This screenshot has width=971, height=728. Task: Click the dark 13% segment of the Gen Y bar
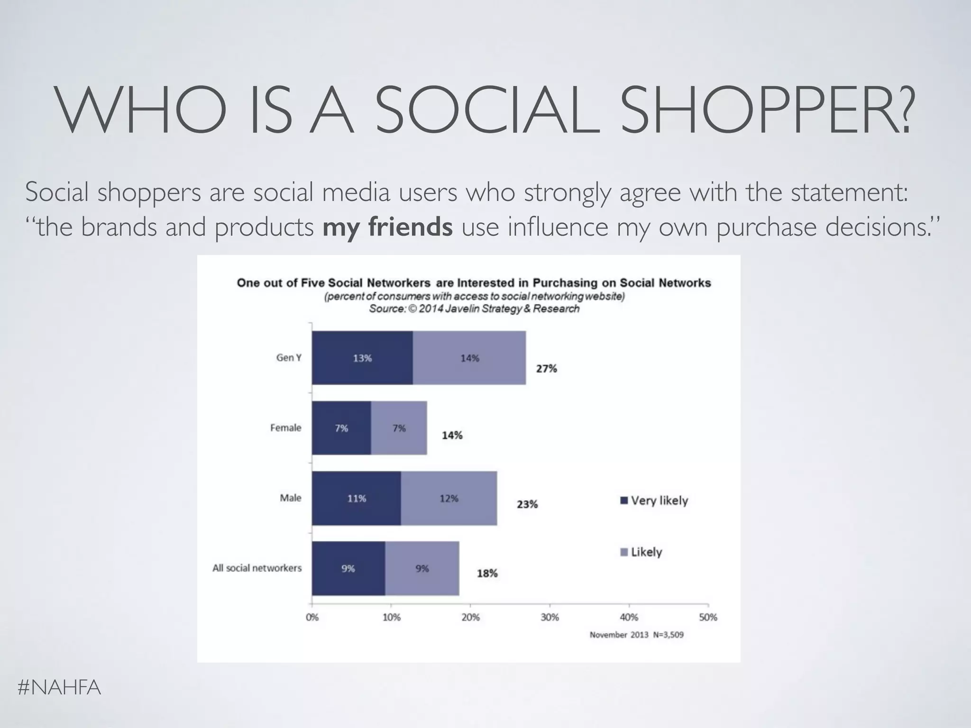point(362,358)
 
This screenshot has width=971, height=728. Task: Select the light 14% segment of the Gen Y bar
point(469,358)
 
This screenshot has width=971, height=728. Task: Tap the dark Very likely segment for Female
point(341,428)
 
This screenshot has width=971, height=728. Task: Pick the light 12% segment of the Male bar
point(449,498)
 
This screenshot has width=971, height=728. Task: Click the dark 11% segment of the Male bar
point(356,498)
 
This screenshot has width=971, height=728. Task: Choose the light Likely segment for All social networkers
point(422,568)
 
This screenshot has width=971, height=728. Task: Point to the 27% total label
point(546,369)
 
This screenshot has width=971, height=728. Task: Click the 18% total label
point(487,573)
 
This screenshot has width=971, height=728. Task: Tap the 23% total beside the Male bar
point(527,504)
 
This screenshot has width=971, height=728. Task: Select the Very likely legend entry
point(654,500)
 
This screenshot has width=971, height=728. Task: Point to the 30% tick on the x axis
point(550,618)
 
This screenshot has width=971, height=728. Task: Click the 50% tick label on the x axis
point(708,618)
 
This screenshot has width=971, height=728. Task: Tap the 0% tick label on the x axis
point(312,618)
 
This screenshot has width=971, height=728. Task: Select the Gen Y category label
point(289,358)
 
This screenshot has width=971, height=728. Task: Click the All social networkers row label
point(257,568)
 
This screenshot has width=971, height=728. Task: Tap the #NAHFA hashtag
point(59,687)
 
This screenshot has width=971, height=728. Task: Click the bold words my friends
point(387,227)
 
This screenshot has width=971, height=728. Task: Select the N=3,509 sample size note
point(668,635)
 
